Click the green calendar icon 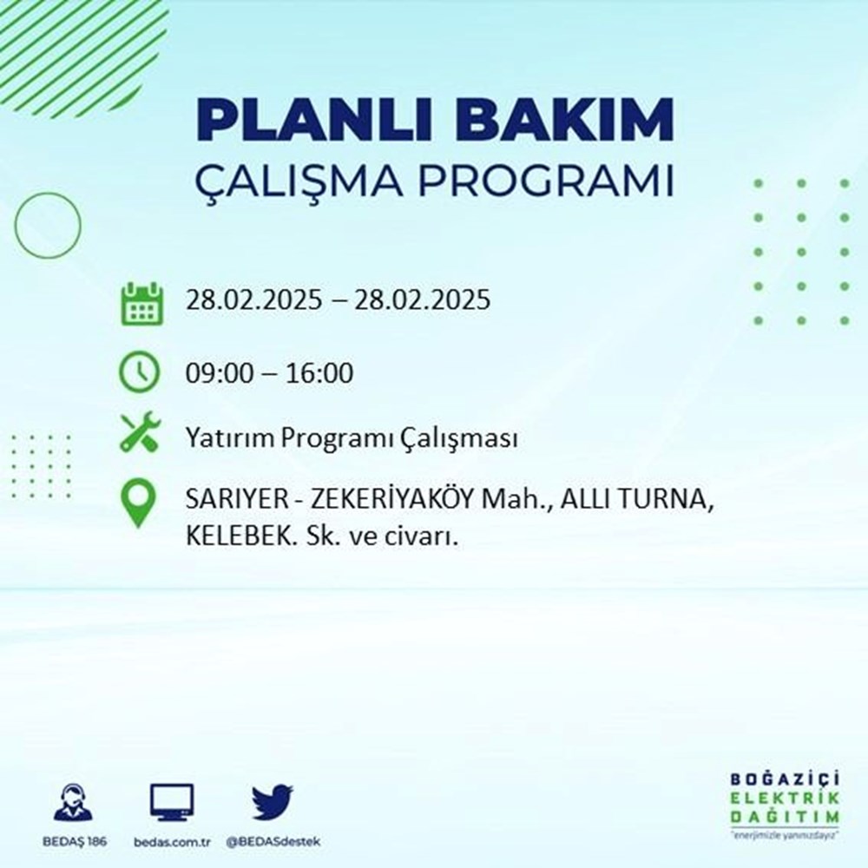[140, 302]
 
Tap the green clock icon [140, 372]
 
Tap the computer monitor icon [172, 803]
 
